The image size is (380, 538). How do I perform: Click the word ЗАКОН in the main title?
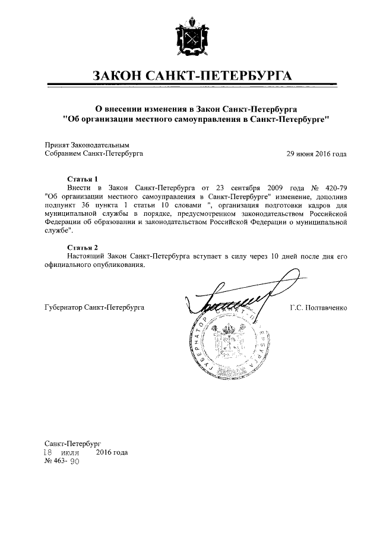(122, 76)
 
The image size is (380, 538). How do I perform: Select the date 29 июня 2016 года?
(316, 153)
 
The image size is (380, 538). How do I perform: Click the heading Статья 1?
(81, 178)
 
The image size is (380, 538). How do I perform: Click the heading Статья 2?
(81, 247)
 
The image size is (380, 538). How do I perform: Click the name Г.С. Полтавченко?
(318, 308)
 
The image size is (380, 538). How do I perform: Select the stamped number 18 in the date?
(50, 452)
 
